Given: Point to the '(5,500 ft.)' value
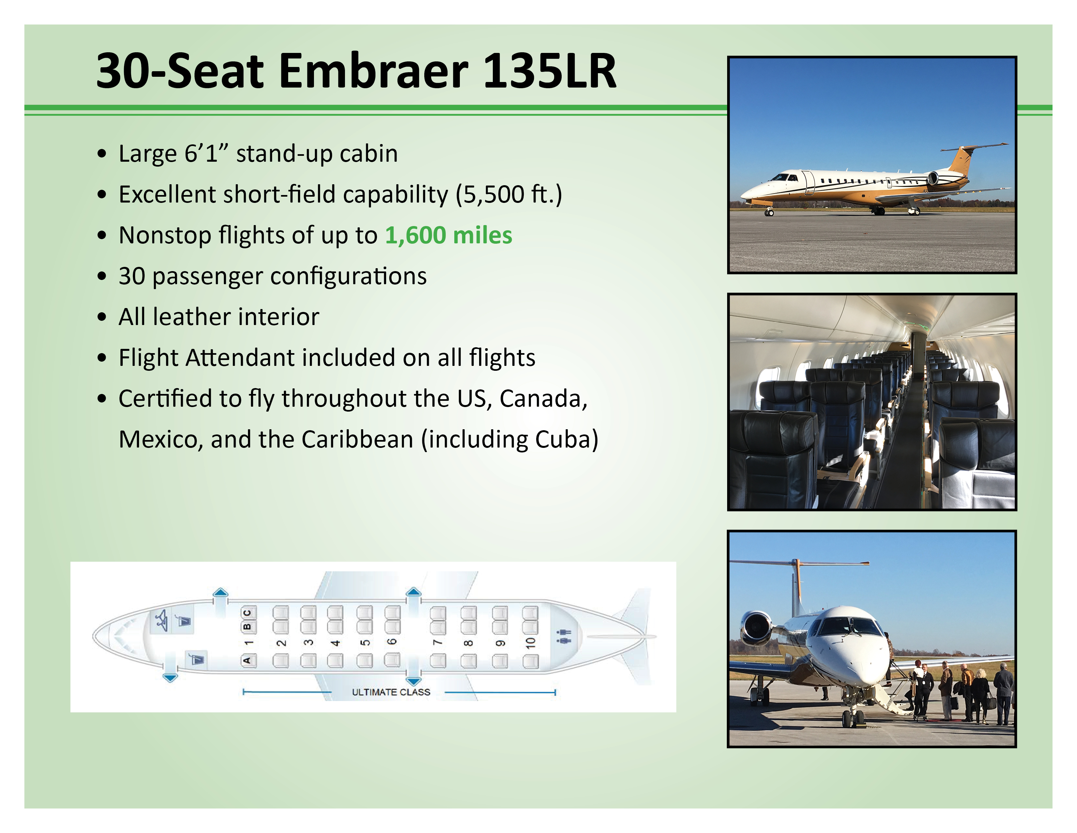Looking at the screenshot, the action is [508, 194].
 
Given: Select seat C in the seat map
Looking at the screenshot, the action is [248, 613].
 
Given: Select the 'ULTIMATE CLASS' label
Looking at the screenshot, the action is [391, 692].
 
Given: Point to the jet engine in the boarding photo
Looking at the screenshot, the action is [757, 628].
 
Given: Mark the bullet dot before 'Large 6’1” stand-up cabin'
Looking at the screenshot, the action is [102, 154].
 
